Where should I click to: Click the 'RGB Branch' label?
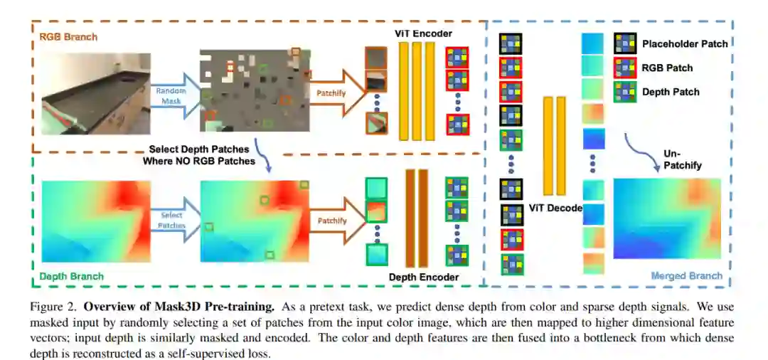tap(69, 36)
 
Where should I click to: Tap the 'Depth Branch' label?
tap(71, 276)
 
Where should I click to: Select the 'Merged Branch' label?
tap(686, 275)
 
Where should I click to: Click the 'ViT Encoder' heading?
tap(423, 33)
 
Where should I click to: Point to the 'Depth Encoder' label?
tap(423, 277)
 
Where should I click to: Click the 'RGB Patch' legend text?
tap(667, 68)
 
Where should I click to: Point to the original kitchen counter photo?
tap(96, 92)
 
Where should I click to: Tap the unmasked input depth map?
tap(96, 221)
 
